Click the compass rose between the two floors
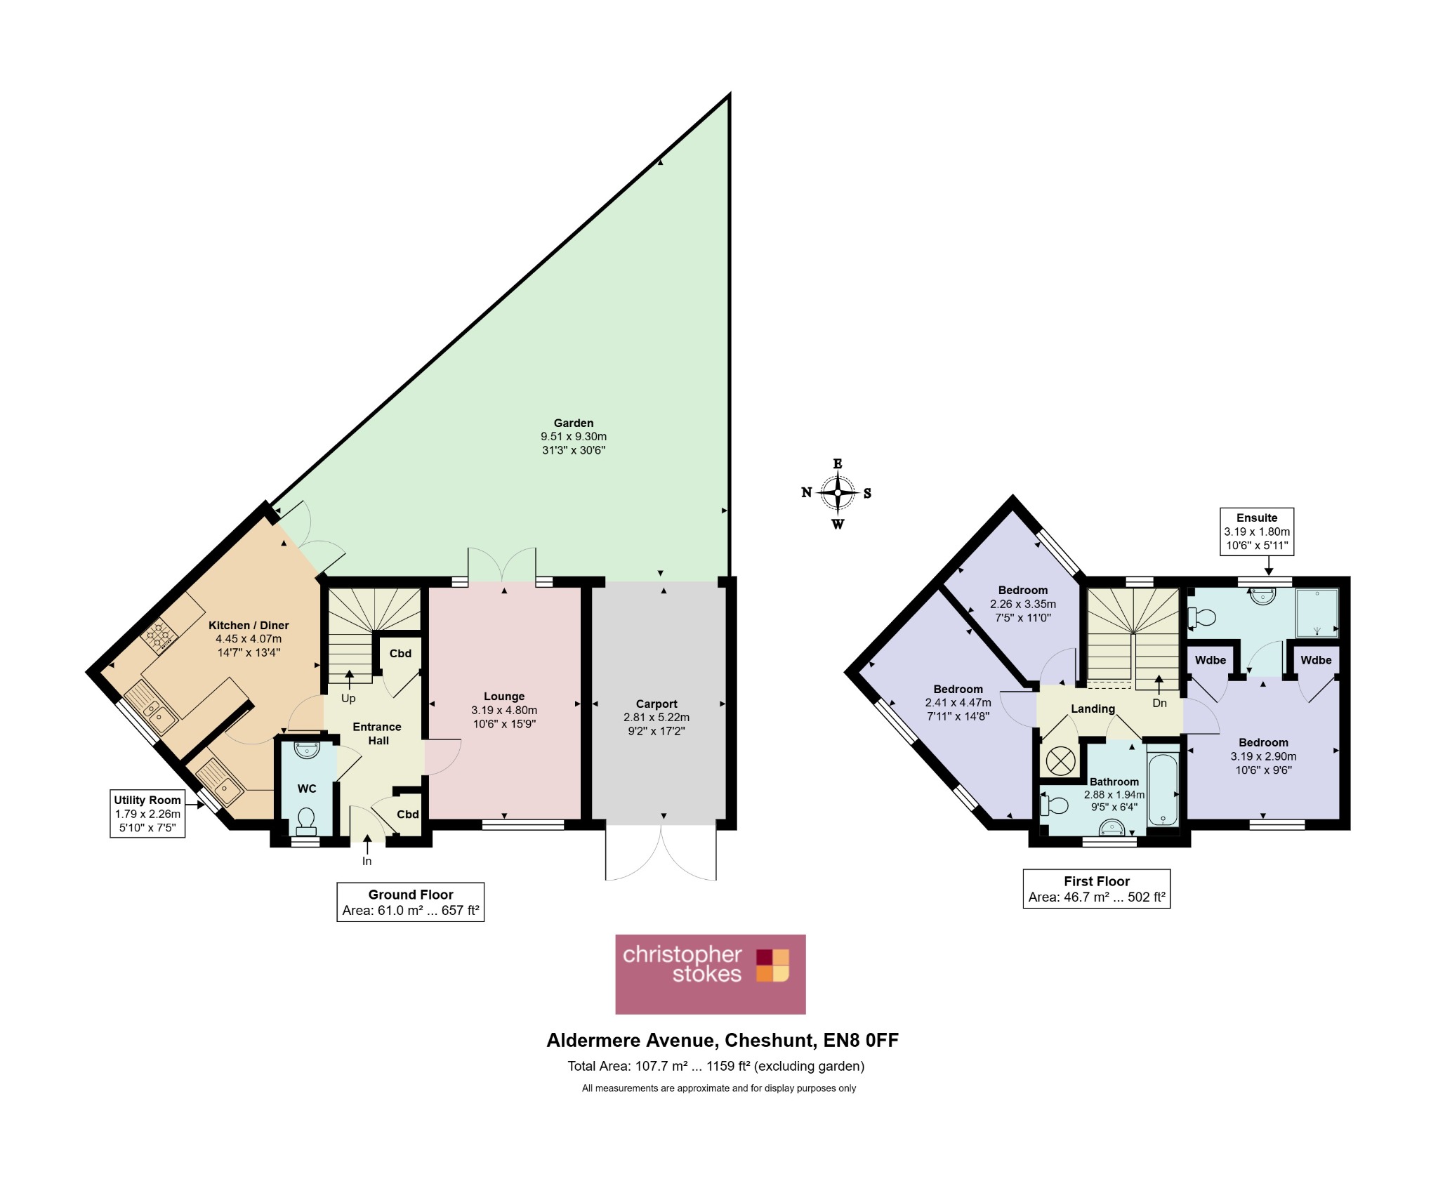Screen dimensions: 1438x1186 click(x=837, y=493)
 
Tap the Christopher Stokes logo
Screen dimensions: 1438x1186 click(x=710, y=973)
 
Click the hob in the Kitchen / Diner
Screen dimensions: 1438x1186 click(x=159, y=636)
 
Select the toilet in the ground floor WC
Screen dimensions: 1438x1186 click(x=306, y=819)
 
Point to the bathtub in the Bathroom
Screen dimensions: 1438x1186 click(x=1163, y=790)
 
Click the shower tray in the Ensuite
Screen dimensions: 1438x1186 click(x=1317, y=613)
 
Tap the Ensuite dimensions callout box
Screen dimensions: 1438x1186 click(x=1257, y=532)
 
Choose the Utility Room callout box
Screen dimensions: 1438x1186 click(x=147, y=814)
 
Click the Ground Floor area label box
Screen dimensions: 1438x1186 click(x=411, y=902)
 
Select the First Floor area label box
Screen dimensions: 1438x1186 click(x=1097, y=889)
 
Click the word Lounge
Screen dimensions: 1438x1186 click(x=504, y=697)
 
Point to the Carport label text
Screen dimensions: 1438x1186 click(x=657, y=704)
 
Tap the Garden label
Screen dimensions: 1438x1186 click(x=574, y=423)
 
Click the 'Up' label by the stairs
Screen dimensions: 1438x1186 click(x=348, y=699)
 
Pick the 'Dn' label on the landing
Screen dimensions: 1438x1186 click(x=1159, y=703)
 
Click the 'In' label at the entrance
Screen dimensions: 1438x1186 click(x=367, y=861)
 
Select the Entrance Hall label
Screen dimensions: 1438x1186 click(x=378, y=734)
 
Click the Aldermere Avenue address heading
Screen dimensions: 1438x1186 click(x=723, y=1040)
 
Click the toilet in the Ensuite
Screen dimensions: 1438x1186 click(x=1201, y=617)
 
